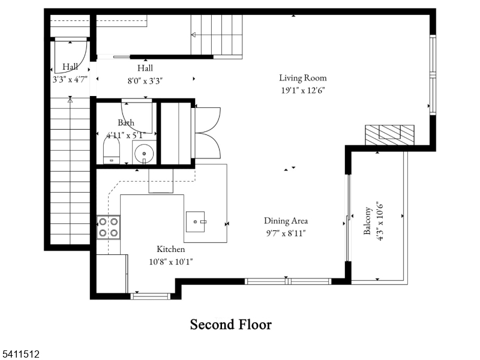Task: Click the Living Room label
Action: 302,77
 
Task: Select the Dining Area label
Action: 286,220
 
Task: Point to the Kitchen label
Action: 171,249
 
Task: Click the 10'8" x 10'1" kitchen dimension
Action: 171,262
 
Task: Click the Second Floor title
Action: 230,325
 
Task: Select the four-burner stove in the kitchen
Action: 108,227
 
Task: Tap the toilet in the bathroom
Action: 112,152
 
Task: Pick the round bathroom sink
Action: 143,154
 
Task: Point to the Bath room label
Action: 126,122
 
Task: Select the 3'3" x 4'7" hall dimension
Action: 70,79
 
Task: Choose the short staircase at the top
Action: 217,35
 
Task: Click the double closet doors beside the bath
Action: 207,133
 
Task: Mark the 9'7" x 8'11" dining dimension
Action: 286,233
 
